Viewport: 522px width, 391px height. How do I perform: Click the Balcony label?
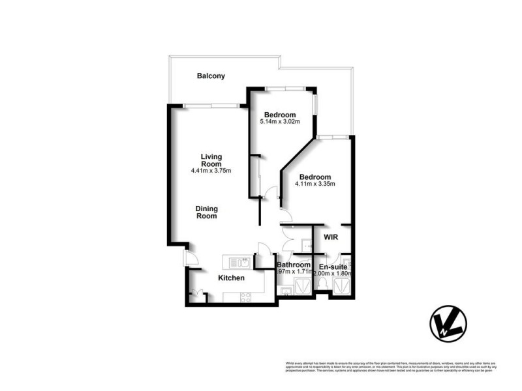211,76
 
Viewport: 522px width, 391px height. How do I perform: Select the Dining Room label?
207,212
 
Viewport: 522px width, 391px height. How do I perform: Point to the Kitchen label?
231,278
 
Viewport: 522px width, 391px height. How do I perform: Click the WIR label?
331,238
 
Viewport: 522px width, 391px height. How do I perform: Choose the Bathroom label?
294,265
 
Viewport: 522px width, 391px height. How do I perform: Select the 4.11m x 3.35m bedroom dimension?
315,184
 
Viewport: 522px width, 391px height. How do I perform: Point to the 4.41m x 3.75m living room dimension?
211,171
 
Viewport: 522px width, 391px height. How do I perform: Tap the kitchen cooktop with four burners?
245,297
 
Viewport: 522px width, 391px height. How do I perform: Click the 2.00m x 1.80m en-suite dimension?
333,274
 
